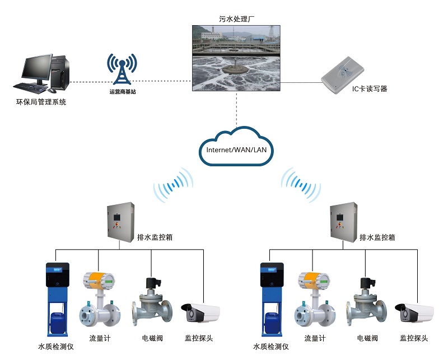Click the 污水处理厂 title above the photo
pos(236,18)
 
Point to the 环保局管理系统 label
pos(41,102)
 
